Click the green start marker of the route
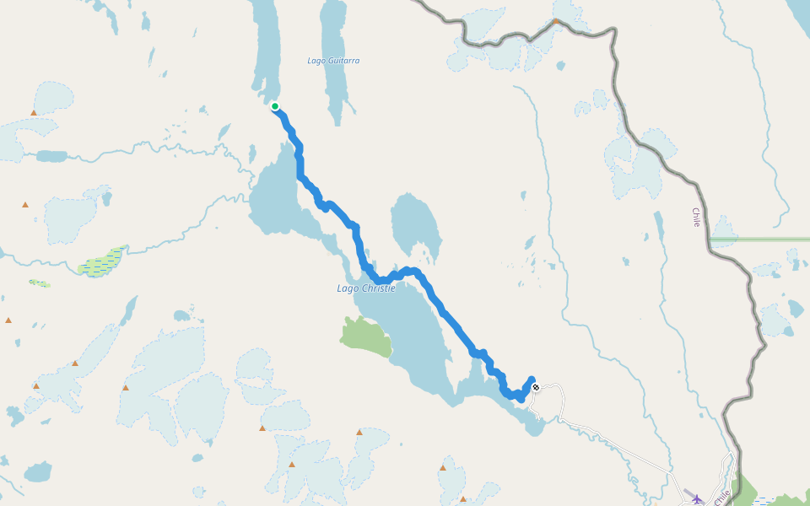[x=275, y=106]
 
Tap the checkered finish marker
[x=536, y=387]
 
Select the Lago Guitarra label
[x=333, y=61]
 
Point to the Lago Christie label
[x=366, y=288]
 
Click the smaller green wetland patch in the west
[x=40, y=283]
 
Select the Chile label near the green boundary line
[x=696, y=218]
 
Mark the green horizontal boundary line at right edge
[x=759, y=240]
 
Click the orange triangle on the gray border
[x=556, y=21]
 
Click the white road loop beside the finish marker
[x=553, y=401]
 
